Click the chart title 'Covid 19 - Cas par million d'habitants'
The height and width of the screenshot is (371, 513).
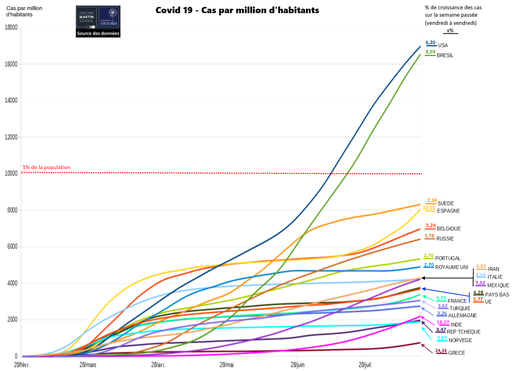[x=237, y=10]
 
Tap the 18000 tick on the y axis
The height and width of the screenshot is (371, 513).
[x=11, y=27]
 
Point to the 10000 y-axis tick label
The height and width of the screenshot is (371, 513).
[x=11, y=174]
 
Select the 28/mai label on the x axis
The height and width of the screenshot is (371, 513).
[x=226, y=365]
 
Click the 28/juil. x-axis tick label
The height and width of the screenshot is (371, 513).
[x=365, y=365]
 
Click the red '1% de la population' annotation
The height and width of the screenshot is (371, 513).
[x=46, y=167]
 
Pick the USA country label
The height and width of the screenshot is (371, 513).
[x=443, y=46]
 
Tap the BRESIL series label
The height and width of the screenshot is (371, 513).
[x=445, y=56]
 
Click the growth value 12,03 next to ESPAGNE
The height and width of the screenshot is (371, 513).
[x=429, y=208]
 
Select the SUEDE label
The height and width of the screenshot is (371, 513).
[x=445, y=204]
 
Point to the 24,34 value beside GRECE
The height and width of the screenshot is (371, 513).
[x=441, y=351]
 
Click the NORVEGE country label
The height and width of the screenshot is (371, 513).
[x=460, y=341]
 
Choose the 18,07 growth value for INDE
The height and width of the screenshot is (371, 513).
[x=443, y=322]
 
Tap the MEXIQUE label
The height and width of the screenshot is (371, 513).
[x=498, y=286]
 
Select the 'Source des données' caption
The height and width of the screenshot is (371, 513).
[x=98, y=33]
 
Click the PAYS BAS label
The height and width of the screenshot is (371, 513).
[x=497, y=295]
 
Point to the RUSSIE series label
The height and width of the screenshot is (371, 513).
[x=445, y=239]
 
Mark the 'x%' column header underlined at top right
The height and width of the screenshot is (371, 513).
[x=450, y=31]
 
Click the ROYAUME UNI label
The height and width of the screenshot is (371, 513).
[x=451, y=267]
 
